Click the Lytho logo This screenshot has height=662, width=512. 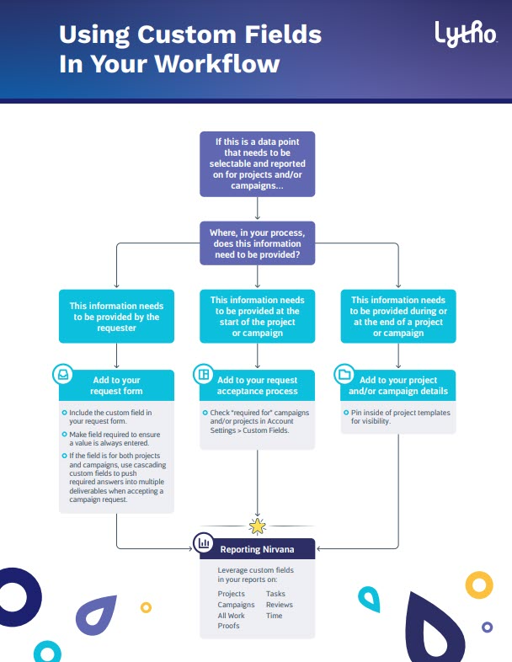466,34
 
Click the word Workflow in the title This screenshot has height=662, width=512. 216,64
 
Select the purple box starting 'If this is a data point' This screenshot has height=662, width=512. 258,163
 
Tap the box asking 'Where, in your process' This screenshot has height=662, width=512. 258,243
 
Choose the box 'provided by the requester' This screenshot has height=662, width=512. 116,316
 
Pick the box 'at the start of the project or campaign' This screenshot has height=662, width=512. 258,316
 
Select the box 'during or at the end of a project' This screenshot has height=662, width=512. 398,316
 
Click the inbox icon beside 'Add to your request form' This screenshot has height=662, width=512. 63,374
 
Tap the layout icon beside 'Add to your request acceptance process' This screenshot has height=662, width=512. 204,374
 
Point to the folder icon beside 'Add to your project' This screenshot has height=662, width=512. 344,374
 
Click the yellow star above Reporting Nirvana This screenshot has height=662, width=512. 257,526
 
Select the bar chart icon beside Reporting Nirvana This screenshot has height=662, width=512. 204,542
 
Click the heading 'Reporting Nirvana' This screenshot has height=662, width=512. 257,549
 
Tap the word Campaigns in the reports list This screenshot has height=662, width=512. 236,605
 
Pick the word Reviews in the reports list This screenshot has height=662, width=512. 280,605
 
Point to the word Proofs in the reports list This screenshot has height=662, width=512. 228,626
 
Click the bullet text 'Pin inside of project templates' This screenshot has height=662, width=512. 401,413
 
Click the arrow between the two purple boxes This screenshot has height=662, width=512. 258,208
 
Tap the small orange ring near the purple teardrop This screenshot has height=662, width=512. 146,607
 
